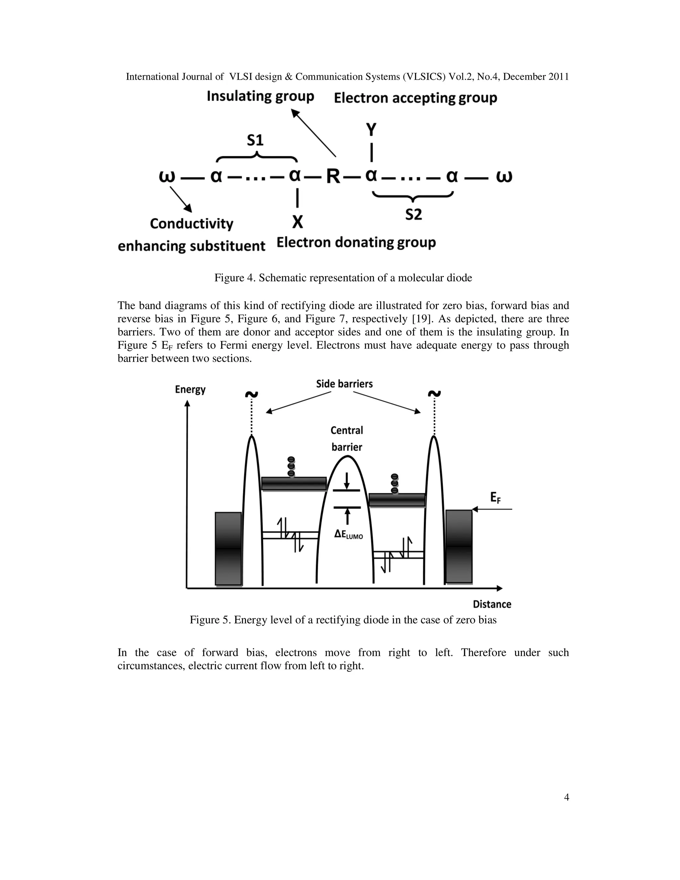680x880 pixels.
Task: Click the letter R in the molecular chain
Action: (x=333, y=177)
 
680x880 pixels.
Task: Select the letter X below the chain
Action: (x=297, y=222)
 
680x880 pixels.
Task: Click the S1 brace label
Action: (x=255, y=140)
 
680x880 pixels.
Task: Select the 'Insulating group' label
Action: (x=260, y=97)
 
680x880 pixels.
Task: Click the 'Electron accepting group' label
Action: (x=415, y=98)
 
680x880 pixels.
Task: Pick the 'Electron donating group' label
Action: (x=356, y=242)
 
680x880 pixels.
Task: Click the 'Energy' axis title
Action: (x=190, y=390)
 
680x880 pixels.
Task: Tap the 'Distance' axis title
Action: (x=491, y=604)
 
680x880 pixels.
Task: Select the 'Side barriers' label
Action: (x=344, y=384)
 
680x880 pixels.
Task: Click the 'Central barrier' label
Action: (x=346, y=439)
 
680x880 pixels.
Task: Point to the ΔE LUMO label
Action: (x=348, y=535)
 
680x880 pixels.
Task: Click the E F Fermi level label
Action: (x=495, y=498)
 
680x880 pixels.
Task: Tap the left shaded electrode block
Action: (x=228, y=549)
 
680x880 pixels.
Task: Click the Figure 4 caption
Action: (x=343, y=278)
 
